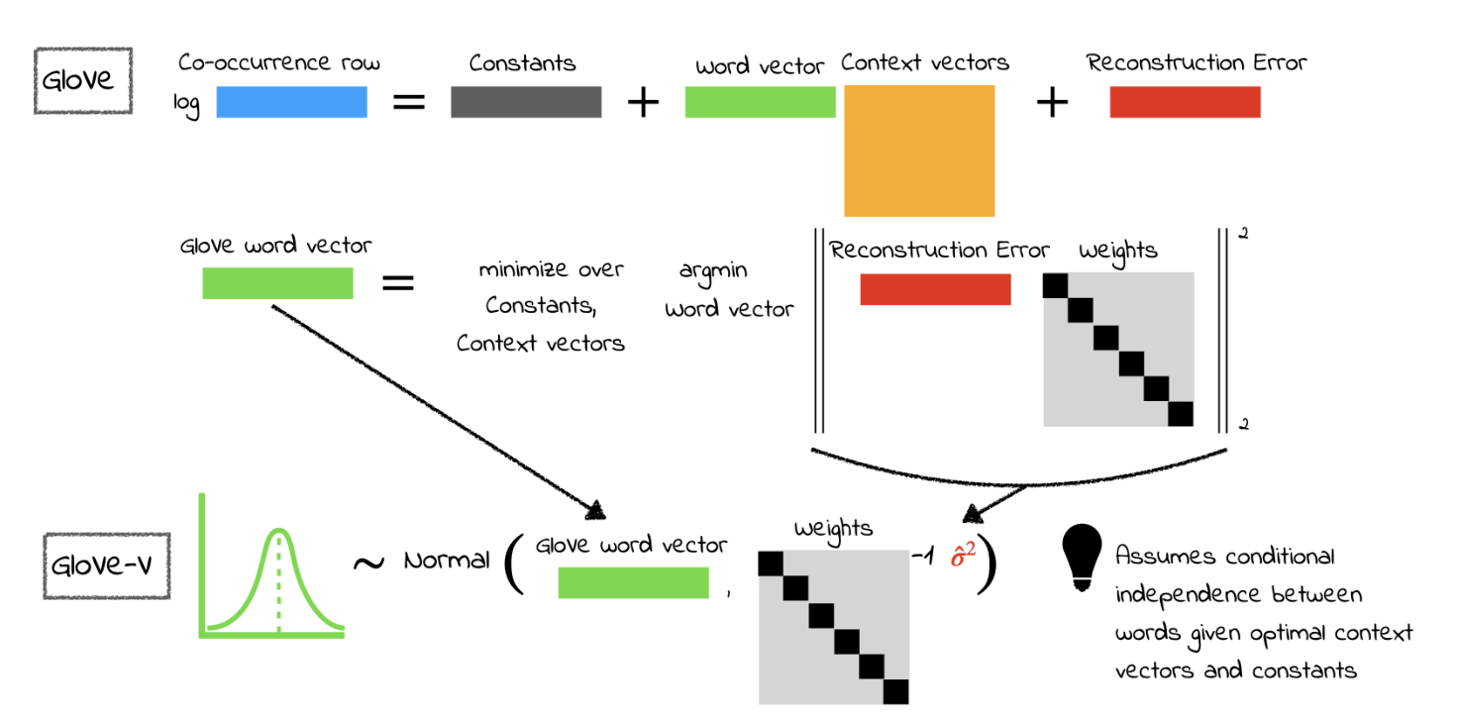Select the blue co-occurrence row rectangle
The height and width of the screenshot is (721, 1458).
pos(291,102)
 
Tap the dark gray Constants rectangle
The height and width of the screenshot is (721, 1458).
pos(526,102)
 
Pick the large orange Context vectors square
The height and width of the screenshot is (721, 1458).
pos(919,151)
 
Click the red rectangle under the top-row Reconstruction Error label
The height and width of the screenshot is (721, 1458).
pos(1185,102)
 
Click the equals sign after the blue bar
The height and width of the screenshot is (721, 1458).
pos(409,102)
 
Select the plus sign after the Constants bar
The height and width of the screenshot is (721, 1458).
pos(644,102)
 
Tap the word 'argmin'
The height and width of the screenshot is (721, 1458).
pos(713,270)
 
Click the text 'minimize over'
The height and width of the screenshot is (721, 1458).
pos(552,270)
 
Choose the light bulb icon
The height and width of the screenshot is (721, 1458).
pos(1083,558)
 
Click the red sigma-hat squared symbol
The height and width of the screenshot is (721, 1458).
pos(963,556)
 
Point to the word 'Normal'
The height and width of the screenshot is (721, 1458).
pos(447,561)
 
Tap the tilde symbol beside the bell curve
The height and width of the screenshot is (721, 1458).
pos(369,562)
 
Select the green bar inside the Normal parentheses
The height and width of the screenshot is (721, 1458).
pos(634,583)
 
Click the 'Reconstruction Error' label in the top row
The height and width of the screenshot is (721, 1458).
pos(1197,62)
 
